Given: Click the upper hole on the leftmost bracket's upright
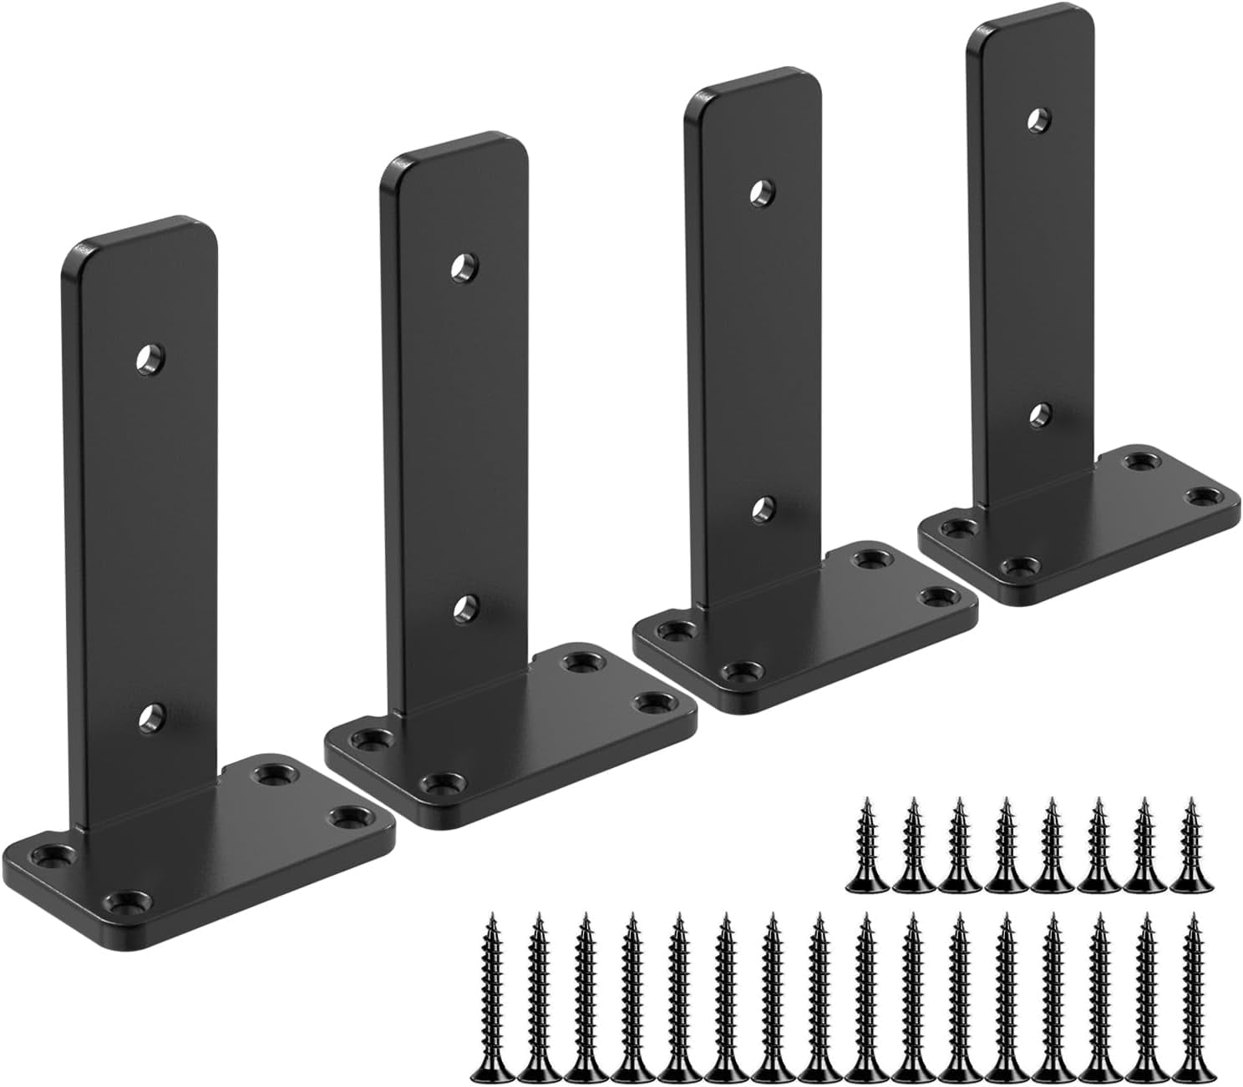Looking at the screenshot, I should [x=151, y=359].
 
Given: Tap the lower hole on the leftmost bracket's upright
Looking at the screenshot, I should [x=151, y=715].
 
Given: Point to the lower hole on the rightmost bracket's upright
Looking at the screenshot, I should [x=1039, y=414].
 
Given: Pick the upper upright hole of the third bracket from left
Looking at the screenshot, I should [x=760, y=193].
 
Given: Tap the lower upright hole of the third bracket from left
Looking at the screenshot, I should [x=760, y=507].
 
